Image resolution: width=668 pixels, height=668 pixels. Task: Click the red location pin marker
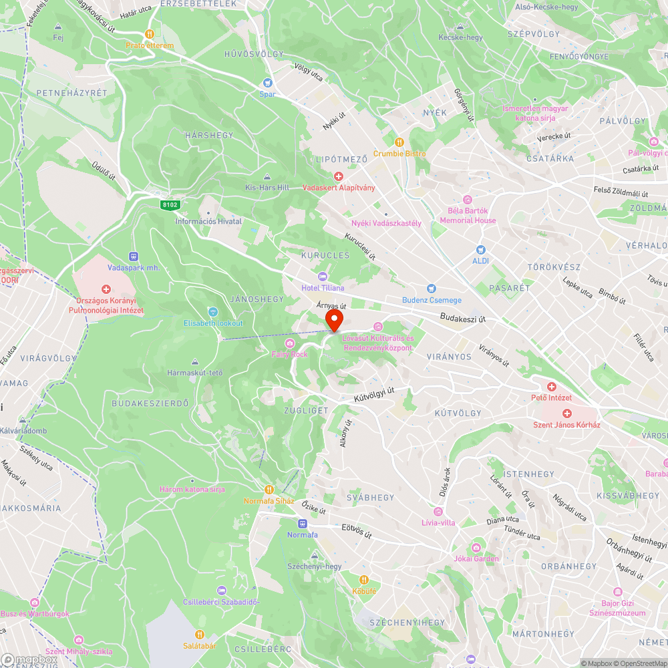click(x=333, y=319)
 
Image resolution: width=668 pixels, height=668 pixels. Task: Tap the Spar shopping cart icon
click(x=268, y=83)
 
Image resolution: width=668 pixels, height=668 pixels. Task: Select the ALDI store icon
click(x=481, y=249)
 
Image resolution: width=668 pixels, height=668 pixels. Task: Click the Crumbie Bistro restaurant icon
click(x=399, y=142)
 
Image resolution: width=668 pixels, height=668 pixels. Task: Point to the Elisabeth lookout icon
click(x=213, y=312)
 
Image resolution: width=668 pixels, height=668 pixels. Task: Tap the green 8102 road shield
click(x=169, y=204)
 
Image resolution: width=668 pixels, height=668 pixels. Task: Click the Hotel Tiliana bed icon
click(x=323, y=277)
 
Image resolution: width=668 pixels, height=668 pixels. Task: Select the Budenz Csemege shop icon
click(x=432, y=289)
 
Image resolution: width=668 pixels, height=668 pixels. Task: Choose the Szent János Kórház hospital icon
click(x=566, y=413)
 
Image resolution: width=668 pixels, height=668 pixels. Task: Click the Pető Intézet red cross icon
click(x=551, y=387)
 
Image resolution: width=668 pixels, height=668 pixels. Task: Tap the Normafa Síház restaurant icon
click(x=269, y=490)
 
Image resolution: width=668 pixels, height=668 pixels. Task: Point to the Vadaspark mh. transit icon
click(x=134, y=256)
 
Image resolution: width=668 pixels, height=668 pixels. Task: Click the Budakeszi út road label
click(x=463, y=319)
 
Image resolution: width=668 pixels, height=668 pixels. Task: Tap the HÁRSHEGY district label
click(x=209, y=135)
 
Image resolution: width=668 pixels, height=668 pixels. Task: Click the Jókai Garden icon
click(x=476, y=548)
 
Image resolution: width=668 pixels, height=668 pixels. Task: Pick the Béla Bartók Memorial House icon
click(x=468, y=199)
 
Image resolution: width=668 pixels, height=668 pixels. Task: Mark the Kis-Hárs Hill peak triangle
click(x=267, y=177)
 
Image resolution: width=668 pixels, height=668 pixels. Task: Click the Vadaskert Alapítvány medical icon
click(x=339, y=176)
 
